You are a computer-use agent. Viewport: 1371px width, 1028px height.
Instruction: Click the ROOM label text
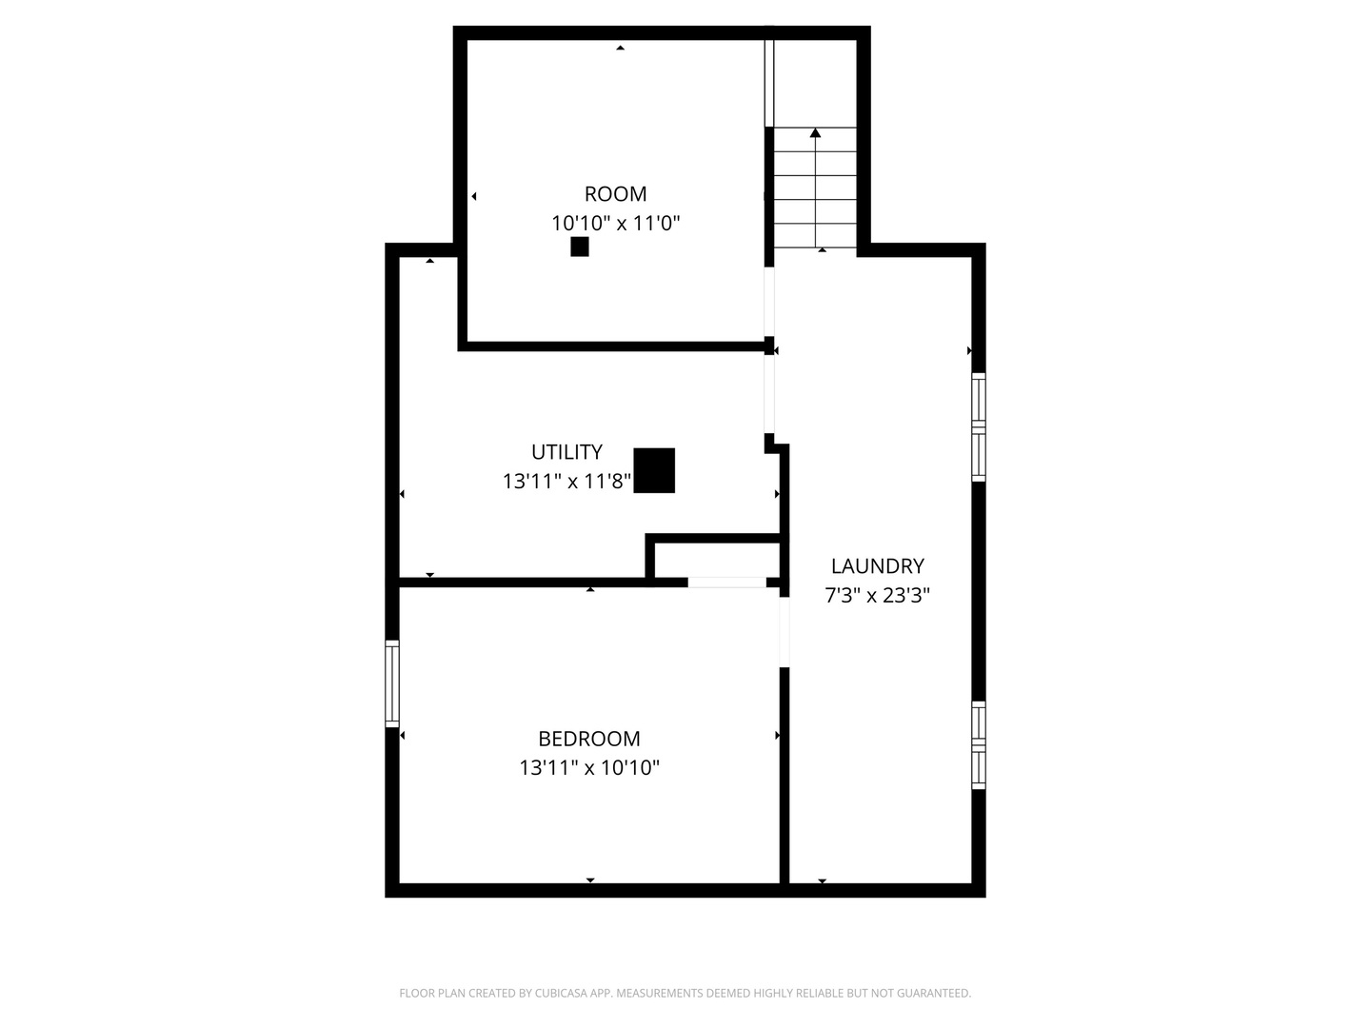(615, 194)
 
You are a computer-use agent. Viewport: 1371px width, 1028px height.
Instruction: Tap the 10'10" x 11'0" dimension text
(615, 223)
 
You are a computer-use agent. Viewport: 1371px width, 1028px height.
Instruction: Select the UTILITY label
(566, 451)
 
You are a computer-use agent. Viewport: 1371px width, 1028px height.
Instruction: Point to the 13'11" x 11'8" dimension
(566, 482)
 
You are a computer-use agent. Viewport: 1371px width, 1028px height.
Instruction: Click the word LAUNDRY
(876, 565)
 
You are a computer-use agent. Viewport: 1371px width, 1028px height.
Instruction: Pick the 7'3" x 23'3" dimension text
(876, 595)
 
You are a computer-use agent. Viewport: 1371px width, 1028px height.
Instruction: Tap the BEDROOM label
(588, 739)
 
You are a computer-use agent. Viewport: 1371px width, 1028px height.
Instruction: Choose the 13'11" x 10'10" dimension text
(588, 767)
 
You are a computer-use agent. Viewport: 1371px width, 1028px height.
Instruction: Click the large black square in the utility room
(653, 470)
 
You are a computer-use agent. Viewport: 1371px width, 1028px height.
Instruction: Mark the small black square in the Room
(579, 247)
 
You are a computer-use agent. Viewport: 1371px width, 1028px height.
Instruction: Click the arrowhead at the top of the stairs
(814, 133)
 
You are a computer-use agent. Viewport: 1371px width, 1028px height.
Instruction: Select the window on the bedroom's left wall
(391, 682)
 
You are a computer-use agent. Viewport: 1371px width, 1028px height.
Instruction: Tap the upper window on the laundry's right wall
(978, 427)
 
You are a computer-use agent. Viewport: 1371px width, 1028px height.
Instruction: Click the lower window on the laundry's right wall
(978, 744)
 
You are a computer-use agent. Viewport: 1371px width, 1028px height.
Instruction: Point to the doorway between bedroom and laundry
(784, 632)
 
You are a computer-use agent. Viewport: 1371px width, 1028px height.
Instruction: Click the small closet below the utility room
(716, 560)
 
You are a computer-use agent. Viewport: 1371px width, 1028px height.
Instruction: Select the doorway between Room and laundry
(769, 302)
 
